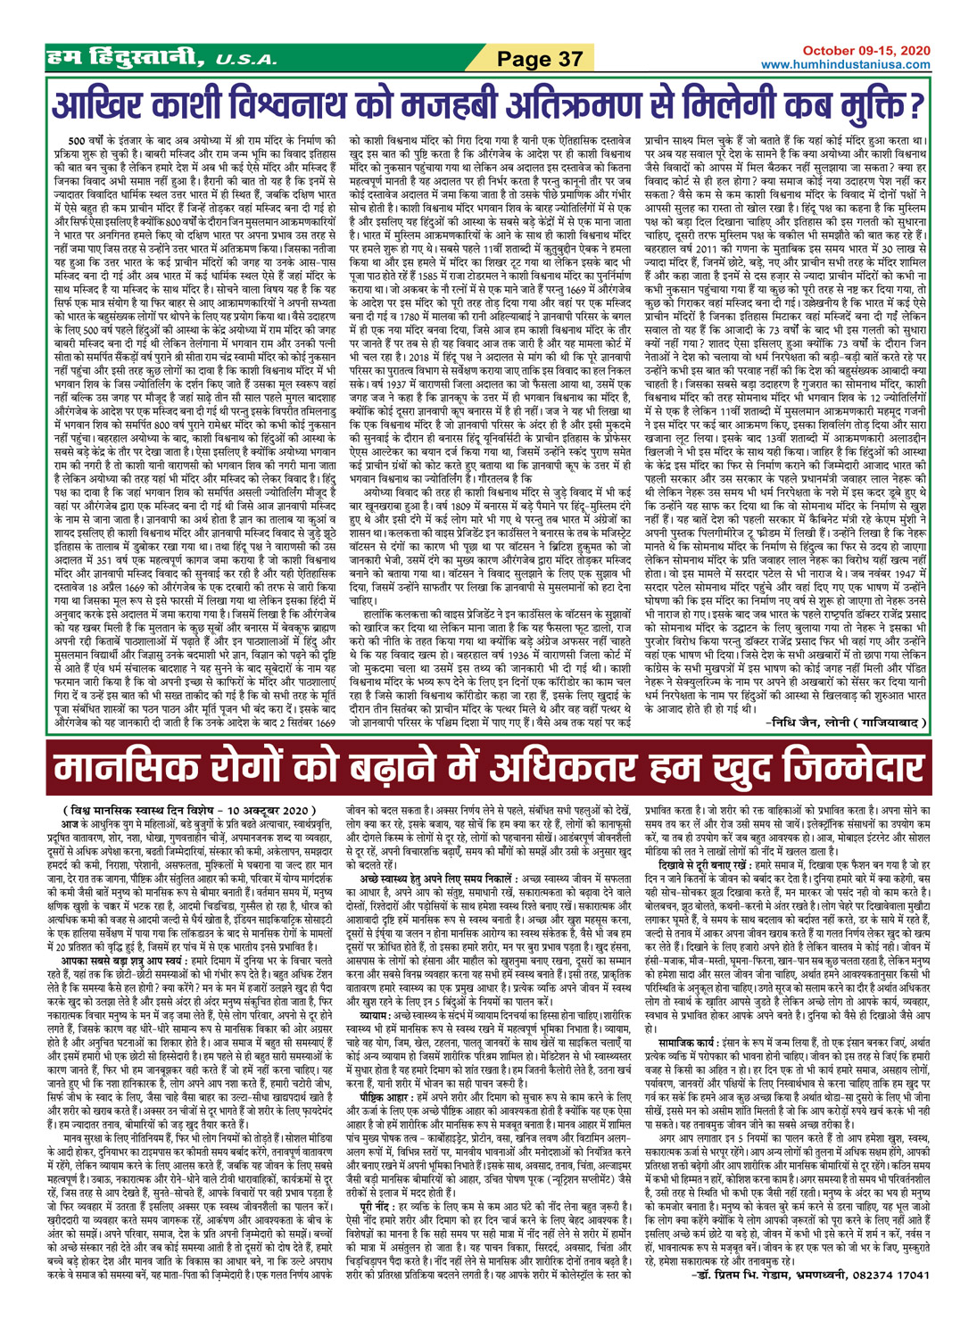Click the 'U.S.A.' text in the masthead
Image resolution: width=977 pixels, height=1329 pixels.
click(240, 61)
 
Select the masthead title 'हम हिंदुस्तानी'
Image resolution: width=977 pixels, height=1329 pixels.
click(128, 59)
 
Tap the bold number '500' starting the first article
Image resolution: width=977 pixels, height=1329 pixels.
click(78, 142)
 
